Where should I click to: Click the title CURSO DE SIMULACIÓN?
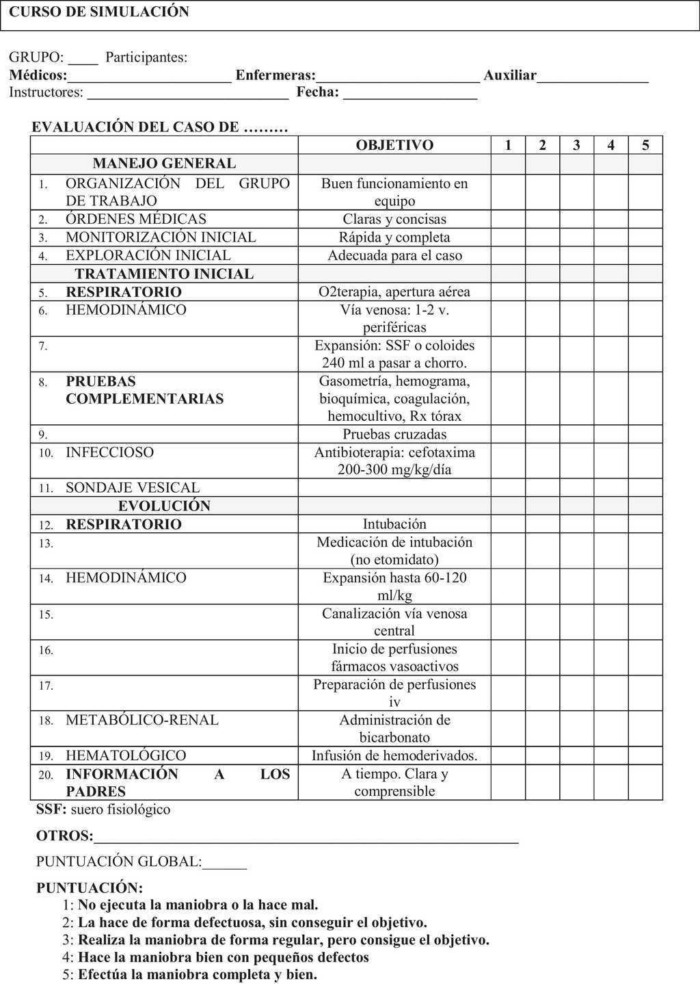(99, 12)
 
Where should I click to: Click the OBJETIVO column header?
(394, 145)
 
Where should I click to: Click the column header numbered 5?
(645, 145)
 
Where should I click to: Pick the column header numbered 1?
(508, 145)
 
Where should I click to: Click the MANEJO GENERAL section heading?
(164, 164)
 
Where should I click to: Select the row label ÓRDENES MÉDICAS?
(136, 219)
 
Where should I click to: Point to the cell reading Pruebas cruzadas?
(394, 435)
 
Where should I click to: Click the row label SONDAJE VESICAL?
(133, 488)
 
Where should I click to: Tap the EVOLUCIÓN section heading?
(164, 506)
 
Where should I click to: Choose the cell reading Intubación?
(394, 524)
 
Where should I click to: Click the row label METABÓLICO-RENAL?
(142, 720)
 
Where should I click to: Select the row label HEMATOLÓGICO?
(126, 755)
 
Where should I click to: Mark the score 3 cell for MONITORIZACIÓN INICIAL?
(576, 237)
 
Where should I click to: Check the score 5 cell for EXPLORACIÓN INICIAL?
(645, 255)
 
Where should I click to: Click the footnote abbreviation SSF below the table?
(51, 810)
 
